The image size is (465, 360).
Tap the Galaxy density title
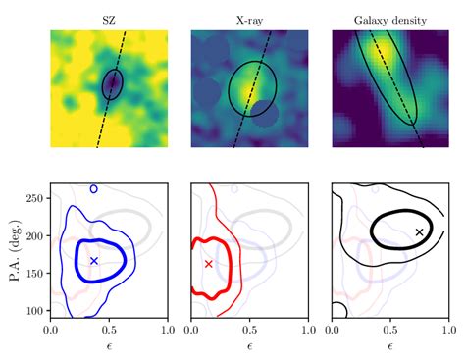pyautogui.click(x=389, y=19)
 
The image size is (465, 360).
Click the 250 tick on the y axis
pyautogui.click(x=36, y=199)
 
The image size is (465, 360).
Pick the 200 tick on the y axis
pyautogui.click(x=36, y=236)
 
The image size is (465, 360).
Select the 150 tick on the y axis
pyautogui.click(x=36, y=274)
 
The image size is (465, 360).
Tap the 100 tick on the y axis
pyautogui.click(x=36, y=311)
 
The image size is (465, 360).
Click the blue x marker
pyautogui.click(x=94, y=261)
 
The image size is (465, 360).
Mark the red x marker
pyautogui.click(x=208, y=264)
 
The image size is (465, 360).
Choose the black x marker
pyautogui.click(x=420, y=232)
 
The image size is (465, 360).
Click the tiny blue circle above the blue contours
pyautogui.click(x=93, y=188)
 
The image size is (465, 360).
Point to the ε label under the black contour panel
pyautogui.click(x=390, y=346)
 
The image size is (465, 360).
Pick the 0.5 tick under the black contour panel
pyautogui.click(x=390, y=331)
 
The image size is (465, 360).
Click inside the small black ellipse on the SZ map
pyautogui.click(x=113, y=85)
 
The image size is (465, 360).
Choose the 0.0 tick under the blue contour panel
pyautogui.click(x=51, y=331)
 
